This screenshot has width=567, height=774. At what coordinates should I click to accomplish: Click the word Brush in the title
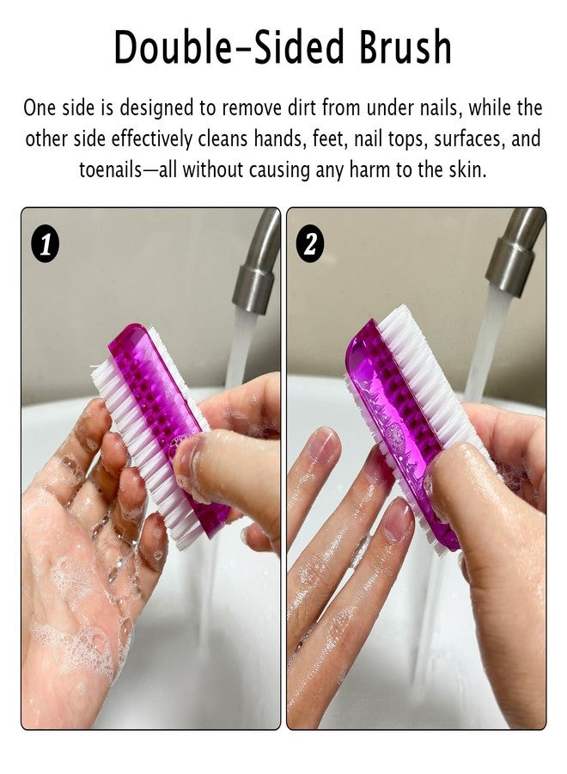405,47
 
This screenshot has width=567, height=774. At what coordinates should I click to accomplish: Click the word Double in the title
173,47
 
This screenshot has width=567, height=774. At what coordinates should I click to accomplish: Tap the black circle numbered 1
46,244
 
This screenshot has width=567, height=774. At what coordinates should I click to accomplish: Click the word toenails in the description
110,169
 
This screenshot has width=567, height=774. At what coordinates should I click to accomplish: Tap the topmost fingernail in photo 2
323,445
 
